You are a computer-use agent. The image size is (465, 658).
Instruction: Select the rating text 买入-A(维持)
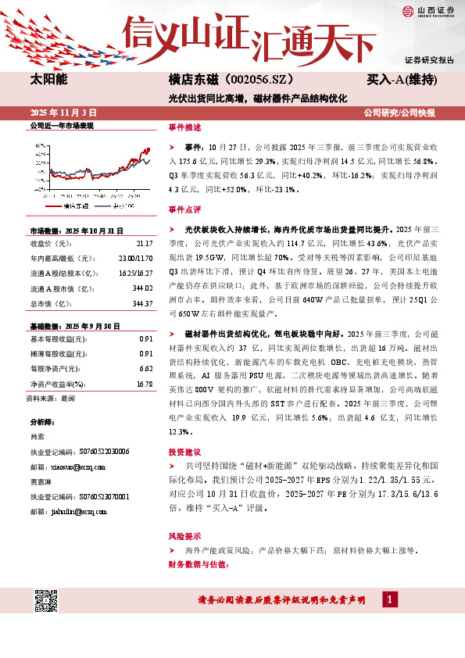click(401, 80)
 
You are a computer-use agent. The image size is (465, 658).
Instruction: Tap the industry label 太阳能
click(48, 80)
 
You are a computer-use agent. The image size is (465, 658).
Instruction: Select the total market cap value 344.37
click(142, 303)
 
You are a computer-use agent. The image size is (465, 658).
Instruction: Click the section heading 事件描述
click(184, 126)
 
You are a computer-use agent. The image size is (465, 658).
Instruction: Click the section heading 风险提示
click(184, 536)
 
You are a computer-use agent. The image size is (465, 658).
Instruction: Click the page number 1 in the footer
click(389, 599)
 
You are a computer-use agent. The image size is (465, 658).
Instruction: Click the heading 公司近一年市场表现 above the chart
click(61, 126)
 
